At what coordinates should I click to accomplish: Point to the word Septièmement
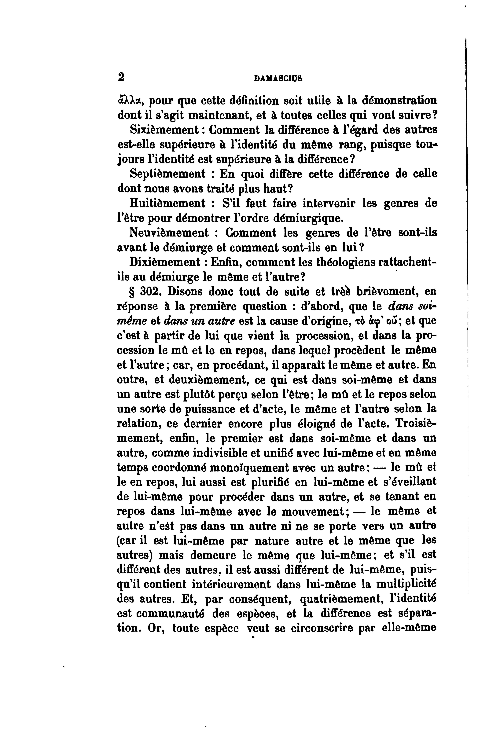pyautogui.click(x=167, y=174)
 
